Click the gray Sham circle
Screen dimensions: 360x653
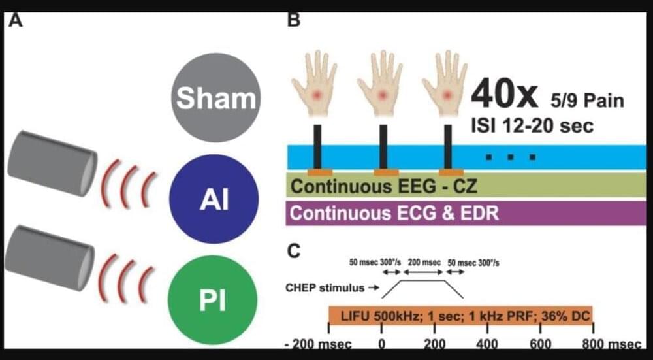(215, 98)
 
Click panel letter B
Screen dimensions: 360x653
(294, 20)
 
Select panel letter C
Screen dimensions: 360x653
(295, 250)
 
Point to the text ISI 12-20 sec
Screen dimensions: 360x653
(532, 125)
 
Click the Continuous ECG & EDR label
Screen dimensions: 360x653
(394, 213)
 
